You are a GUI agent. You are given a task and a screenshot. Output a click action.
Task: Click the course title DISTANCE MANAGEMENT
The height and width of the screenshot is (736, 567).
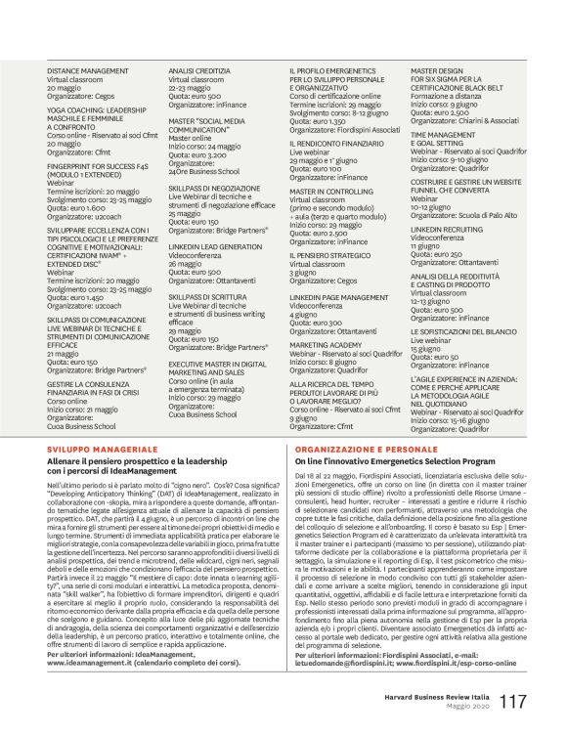pyautogui.click(x=88, y=71)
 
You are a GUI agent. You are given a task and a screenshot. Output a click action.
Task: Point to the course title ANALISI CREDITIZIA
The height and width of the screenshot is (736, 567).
pyautogui.click(x=199, y=71)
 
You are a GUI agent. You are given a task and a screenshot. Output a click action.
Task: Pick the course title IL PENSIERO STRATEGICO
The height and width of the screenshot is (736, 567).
pyautogui.click(x=330, y=255)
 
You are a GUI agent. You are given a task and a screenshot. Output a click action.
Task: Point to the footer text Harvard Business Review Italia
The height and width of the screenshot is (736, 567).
pyautogui.click(x=458, y=697)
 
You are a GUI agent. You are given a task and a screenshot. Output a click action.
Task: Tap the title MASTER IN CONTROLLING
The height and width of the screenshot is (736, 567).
pyautogui.click(x=333, y=193)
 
